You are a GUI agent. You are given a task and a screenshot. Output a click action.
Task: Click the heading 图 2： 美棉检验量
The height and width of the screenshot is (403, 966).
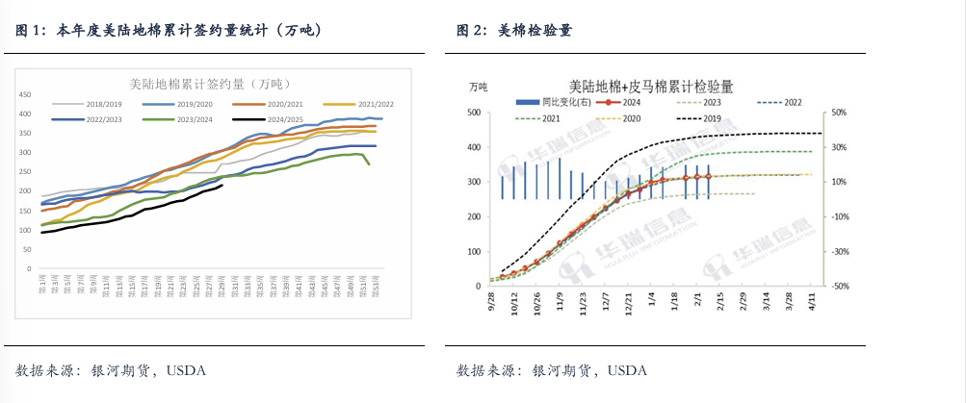(x=514, y=31)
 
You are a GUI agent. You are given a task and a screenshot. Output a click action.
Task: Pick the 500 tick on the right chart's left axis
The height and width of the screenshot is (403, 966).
(x=474, y=113)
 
